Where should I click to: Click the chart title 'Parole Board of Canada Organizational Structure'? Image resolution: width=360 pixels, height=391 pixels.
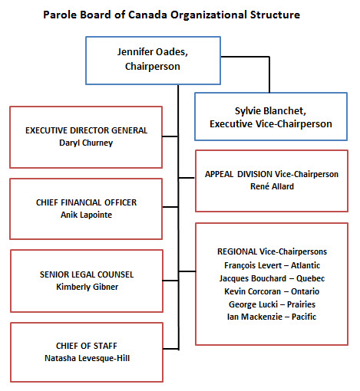point(171,14)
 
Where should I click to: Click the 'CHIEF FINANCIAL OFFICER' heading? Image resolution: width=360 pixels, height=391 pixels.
point(86,202)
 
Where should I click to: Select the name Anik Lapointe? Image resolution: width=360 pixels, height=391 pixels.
point(86,215)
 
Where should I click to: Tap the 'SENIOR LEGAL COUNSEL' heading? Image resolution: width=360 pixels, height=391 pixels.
point(86,274)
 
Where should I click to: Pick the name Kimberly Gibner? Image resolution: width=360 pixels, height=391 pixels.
point(86,286)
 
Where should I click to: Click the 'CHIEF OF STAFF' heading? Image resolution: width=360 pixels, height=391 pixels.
point(86,346)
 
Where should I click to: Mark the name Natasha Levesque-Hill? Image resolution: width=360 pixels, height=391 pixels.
point(86,358)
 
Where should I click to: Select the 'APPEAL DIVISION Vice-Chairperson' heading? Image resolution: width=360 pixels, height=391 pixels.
point(272,174)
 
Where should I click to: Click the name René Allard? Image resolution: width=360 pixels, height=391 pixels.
point(272,186)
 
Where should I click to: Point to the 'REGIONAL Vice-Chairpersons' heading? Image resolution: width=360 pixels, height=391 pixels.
point(272,251)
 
